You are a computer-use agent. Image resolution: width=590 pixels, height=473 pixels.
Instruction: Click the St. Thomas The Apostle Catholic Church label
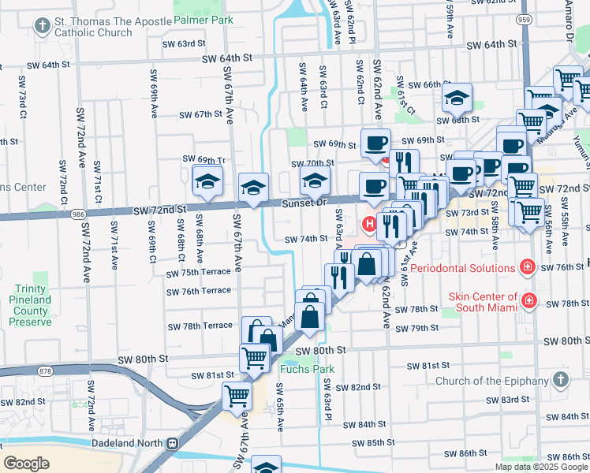coord(102,28)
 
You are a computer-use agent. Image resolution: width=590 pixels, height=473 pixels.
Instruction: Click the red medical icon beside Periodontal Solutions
coord(525,268)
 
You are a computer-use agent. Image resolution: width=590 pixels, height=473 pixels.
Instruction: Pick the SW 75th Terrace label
coord(198,272)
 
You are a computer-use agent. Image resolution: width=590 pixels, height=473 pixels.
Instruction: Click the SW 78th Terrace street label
coord(200,326)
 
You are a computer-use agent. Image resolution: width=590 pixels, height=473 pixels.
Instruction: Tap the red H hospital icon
coord(369,225)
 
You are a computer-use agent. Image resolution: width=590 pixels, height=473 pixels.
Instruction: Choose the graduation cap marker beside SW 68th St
coord(455,98)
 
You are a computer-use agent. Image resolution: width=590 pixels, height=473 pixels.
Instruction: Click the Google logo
coord(26,464)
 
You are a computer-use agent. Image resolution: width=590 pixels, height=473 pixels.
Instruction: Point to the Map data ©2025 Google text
coord(541,467)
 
